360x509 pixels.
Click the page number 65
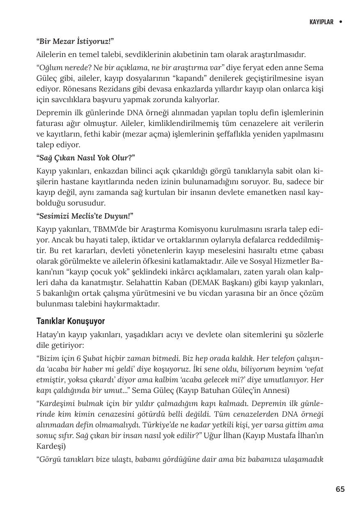coord(340,489)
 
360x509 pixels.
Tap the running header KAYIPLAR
coord(321,22)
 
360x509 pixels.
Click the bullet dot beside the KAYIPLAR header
coord(341,22)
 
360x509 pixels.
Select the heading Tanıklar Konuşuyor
coord(71,321)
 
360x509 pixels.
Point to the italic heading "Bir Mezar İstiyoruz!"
coord(75,41)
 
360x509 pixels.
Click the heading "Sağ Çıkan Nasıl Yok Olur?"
coord(85,158)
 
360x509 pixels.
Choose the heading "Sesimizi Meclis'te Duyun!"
coord(85,216)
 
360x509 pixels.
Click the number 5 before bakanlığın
coord(38,293)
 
